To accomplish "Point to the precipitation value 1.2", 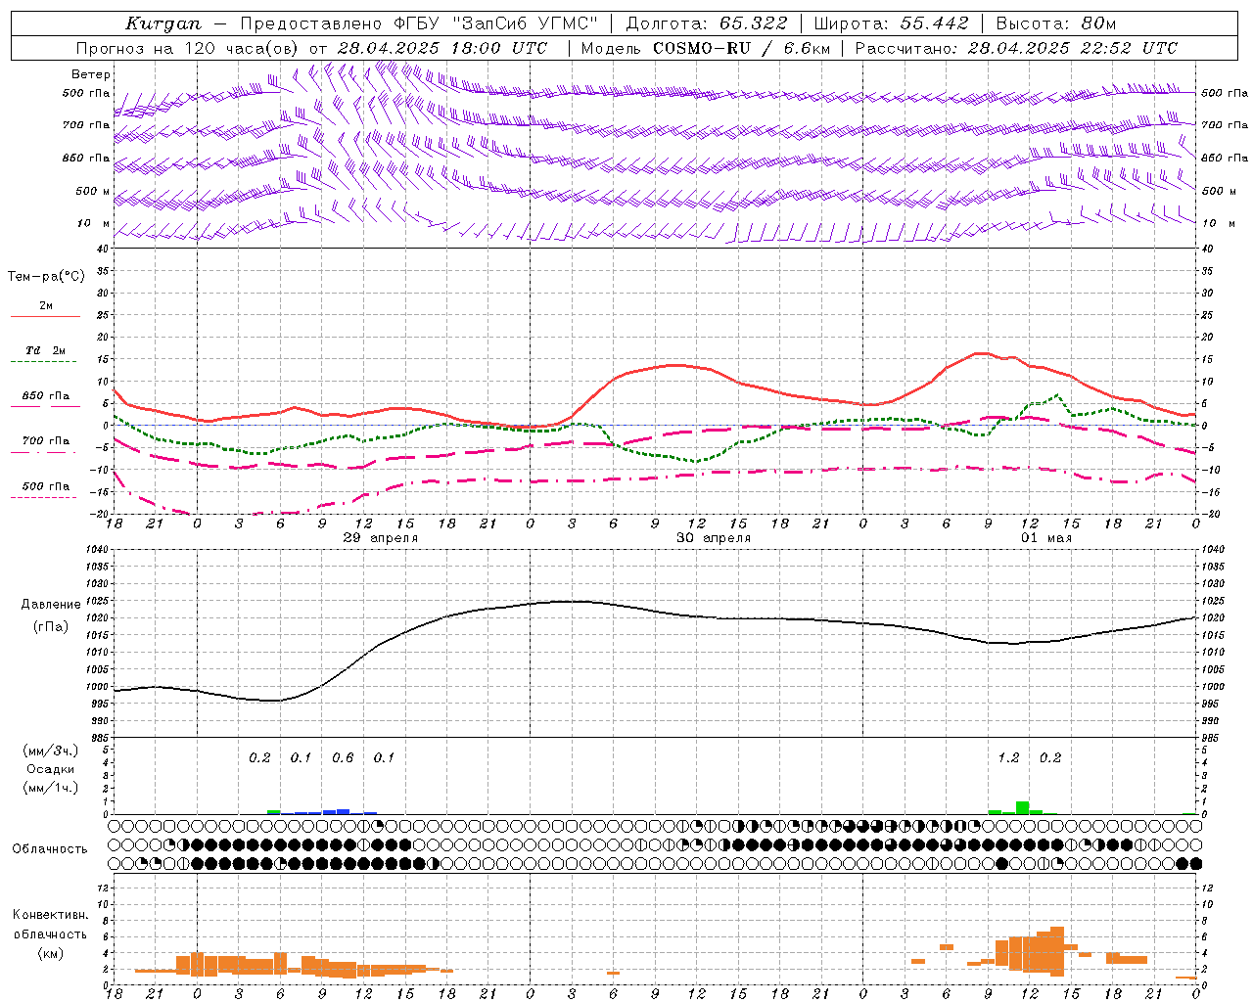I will (x=1008, y=757).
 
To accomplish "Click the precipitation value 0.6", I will (x=343, y=757).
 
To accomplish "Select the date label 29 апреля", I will (x=381, y=538).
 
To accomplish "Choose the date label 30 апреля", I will (x=714, y=538).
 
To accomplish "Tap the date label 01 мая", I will (x=1046, y=538).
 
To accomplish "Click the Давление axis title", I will (x=51, y=605).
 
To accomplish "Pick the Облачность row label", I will (x=50, y=848).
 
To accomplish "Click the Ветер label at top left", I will (x=91, y=74).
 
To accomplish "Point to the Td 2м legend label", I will (x=46, y=350).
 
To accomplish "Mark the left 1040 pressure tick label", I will (x=95, y=550).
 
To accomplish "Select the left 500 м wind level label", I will (x=86, y=191).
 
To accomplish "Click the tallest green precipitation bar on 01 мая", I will (x=1022, y=807).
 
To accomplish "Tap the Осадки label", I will (x=50, y=769).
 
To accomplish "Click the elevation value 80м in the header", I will (x=1100, y=23).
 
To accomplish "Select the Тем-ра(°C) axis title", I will (x=46, y=277).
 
